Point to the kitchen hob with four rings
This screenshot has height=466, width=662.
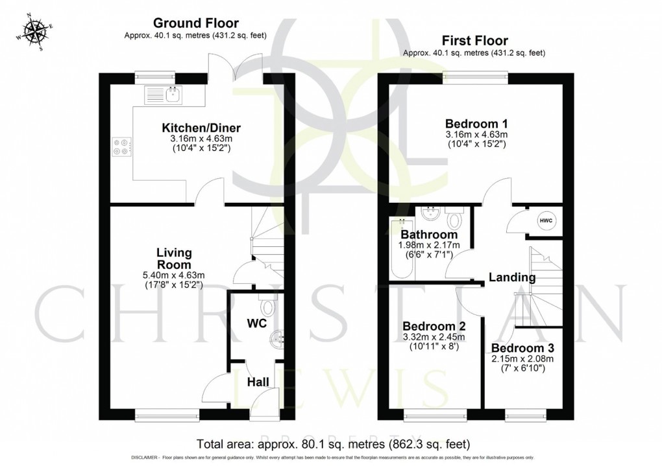[121, 146]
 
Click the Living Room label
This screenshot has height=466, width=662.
[173, 259]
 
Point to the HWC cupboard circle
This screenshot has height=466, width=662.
[545, 220]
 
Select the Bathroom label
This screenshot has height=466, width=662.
[429, 234]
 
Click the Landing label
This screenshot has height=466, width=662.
[511, 277]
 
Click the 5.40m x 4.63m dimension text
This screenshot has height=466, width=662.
[173, 275]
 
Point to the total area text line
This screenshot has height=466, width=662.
[332, 444]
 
